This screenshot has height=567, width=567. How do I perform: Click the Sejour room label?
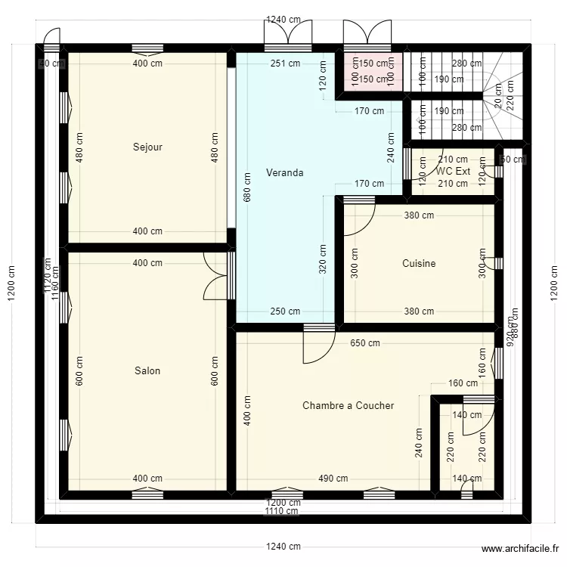(x=147, y=147)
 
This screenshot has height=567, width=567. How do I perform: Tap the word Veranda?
(x=285, y=173)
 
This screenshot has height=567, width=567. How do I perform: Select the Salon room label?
(x=147, y=371)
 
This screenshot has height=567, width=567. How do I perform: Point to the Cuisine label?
(x=419, y=264)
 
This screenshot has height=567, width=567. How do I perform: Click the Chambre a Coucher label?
(x=348, y=406)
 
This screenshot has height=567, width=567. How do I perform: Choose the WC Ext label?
(x=453, y=172)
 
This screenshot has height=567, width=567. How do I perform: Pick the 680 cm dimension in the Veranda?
(x=247, y=187)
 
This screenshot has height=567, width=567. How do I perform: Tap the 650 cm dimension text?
(x=364, y=342)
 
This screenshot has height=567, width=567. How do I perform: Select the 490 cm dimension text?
(x=333, y=479)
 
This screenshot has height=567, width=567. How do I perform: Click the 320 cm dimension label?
(x=323, y=259)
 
